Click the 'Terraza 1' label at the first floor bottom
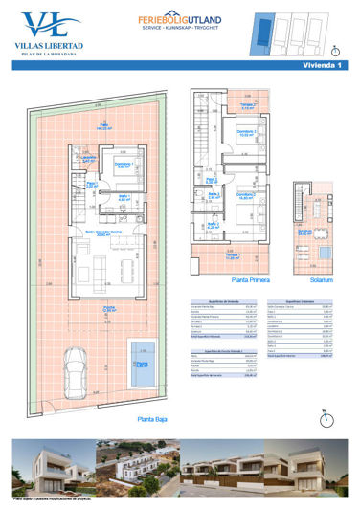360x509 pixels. pyautogui.click(x=232, y=255)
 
